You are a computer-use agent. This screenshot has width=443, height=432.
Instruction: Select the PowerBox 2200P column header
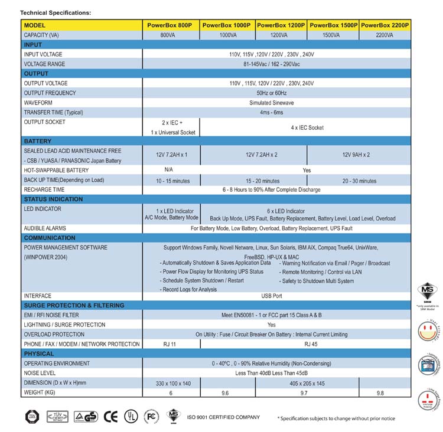click(x=385, y=25)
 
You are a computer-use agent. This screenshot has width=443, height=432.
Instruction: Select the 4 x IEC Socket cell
click(x=307, y=127)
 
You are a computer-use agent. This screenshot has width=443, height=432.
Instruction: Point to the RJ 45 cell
click(x=307, y=344)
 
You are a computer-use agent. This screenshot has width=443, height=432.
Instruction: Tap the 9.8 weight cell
click(x=385, y=392)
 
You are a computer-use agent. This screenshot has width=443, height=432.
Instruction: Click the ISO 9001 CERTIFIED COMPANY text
click(x=223, y=417)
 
